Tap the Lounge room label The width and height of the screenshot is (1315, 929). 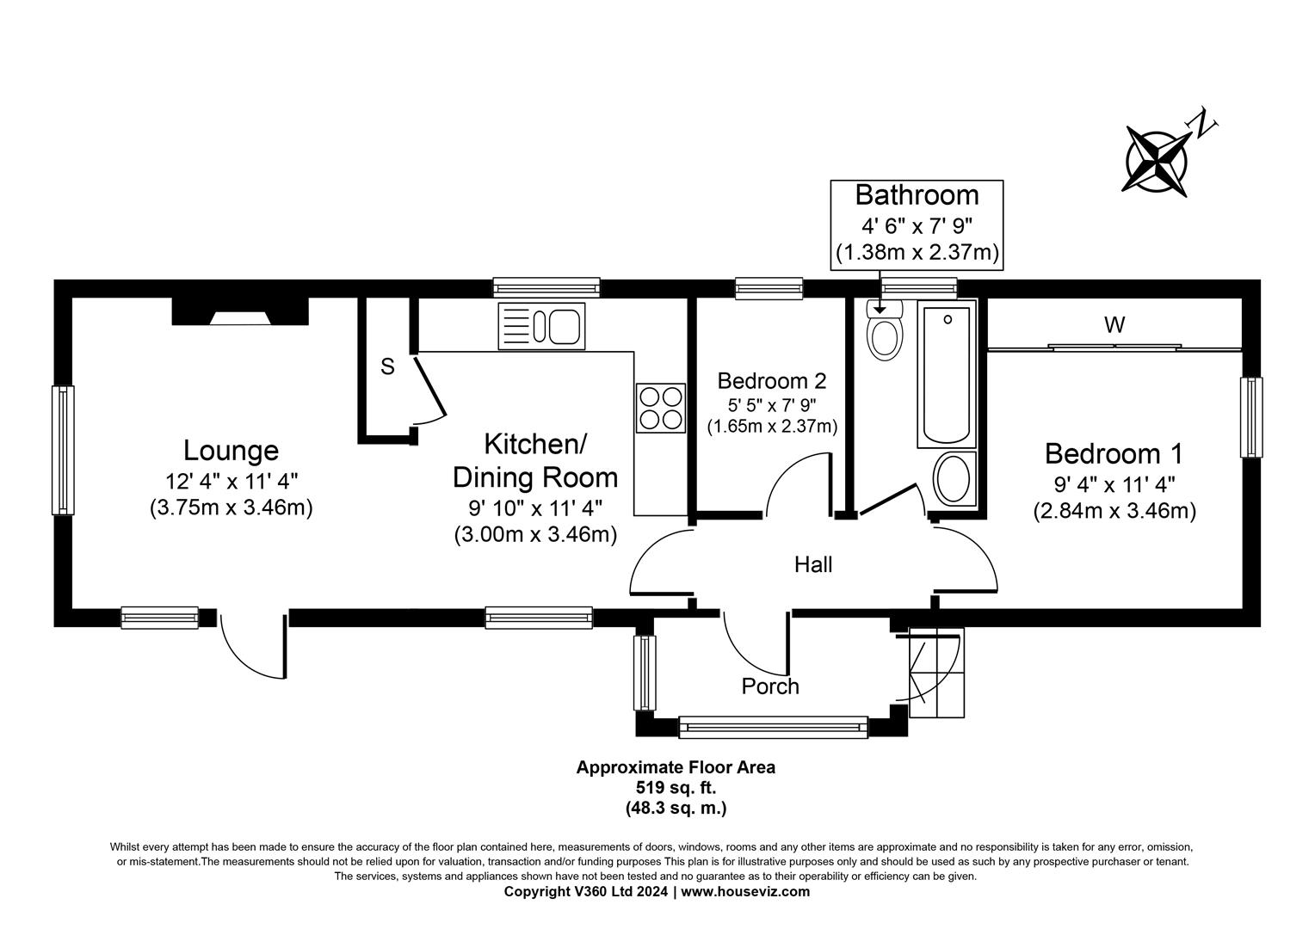(231, 450)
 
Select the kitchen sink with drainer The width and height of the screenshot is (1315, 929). (541, 326)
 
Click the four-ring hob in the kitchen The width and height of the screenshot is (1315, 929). (660, 408)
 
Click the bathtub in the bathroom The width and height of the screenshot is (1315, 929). (947, 374)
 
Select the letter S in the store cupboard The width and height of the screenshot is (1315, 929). (387, 366)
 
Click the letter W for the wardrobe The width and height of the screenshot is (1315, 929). (1114, 325)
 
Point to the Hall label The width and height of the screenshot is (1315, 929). (812, 564)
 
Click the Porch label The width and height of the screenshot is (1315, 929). (770, 686)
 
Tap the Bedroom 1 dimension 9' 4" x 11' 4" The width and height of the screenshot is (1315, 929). (1114, 484)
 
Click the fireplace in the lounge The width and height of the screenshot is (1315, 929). (240, 312)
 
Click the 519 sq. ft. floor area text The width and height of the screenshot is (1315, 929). (676, 787)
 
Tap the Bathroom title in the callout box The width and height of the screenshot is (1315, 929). (917, 195)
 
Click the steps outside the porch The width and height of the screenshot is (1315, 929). (936, 673)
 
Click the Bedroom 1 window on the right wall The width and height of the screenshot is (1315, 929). (1250, 417)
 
